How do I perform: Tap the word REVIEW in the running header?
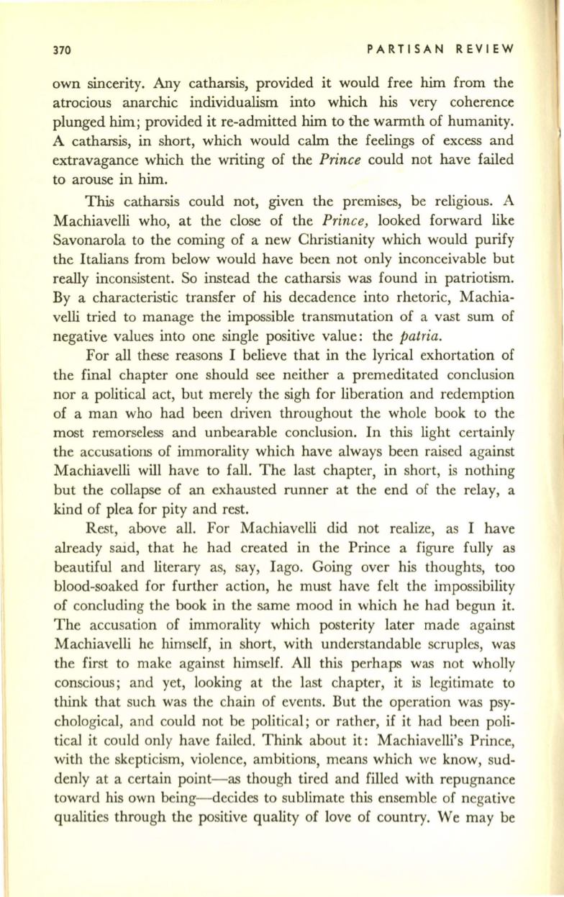(482, 50)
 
